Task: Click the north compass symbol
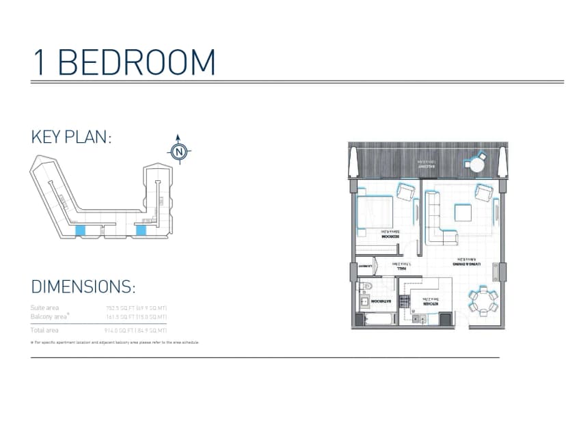pyautogui.click(x=179, y=151)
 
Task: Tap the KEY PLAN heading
pyautogui.click(x=71, y=137)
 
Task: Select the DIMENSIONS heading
pyautogui.click(x=83, y=286)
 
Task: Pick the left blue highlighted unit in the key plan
pyautogui.click(x=79, y=232)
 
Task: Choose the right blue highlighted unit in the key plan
pyautogui.click(x=141, y=230)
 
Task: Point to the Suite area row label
pyautogui.click(x=45, y=308)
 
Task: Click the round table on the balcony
pyautogui.click(x=473, y=164)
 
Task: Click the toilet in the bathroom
pyautogui.click(x=366, y=286)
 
